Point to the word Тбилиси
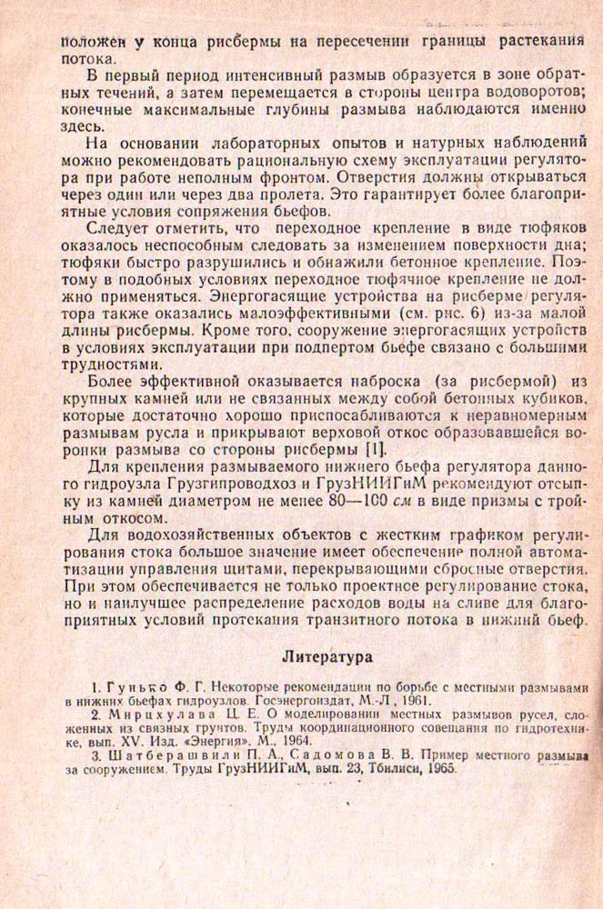[378, 768]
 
